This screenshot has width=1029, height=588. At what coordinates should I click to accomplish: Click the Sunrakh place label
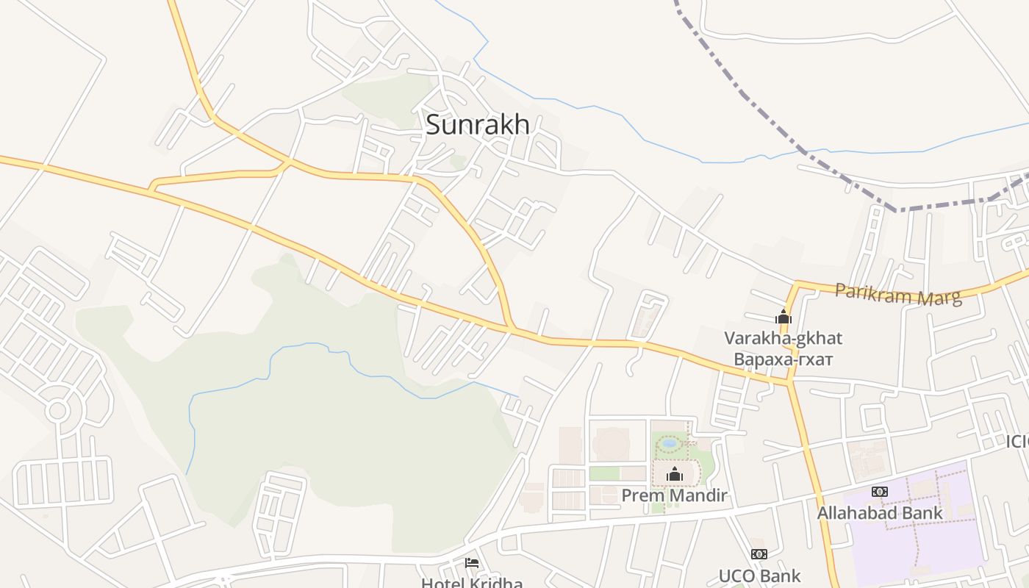click(477, 124)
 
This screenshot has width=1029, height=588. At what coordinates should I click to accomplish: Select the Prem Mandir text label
click(674, 495)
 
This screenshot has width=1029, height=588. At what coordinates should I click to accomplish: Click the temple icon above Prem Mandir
click(674, 475)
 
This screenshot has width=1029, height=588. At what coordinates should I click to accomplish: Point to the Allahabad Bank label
click(880, 512)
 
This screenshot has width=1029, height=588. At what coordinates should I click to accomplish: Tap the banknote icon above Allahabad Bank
click(879, 491)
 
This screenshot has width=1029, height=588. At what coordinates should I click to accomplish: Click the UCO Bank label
click(759, 576)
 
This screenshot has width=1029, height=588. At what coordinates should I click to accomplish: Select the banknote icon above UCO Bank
click(759, 554)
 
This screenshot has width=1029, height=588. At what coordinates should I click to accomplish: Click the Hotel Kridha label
click(472, 582)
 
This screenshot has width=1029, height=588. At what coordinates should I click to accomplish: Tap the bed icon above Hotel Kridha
click(472, 563)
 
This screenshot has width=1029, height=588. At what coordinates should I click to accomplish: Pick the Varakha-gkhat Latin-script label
click(783, 338)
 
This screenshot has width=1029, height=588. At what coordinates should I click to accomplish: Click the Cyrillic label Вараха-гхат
click(783, 359)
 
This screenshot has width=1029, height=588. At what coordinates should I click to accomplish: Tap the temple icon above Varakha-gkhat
click(784, 318)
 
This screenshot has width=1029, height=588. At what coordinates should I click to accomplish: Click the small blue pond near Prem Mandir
click(669, 443)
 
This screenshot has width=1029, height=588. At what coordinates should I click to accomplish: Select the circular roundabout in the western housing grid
click(57, 409)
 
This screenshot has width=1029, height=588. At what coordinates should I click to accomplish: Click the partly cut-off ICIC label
click(1017, 442)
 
